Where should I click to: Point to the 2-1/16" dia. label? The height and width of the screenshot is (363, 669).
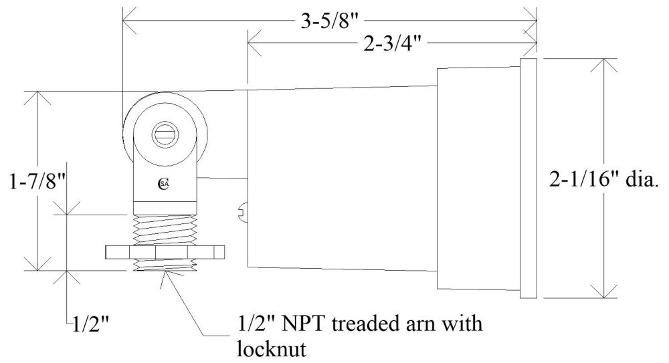pos(600,178)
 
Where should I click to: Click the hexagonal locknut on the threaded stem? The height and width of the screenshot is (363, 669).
pos(164,253)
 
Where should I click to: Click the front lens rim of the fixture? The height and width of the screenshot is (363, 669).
pos(529,178)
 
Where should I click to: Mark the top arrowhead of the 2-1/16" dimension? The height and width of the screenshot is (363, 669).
pos(606,64)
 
